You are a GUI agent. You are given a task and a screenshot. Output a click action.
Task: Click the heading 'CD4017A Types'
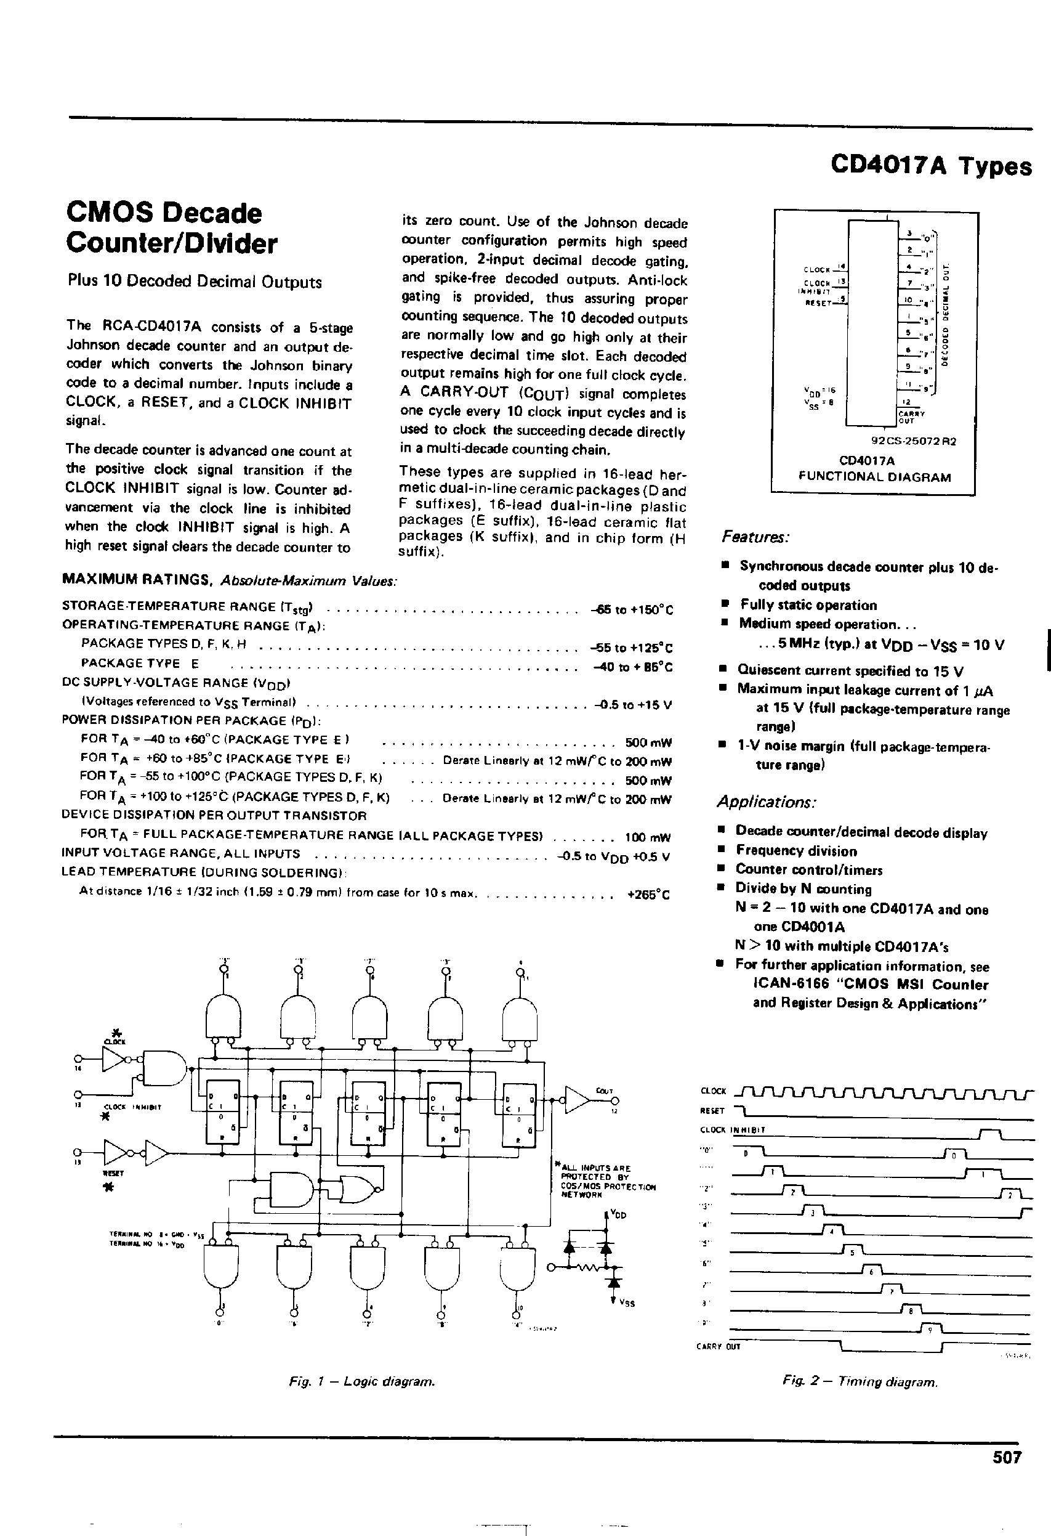931,165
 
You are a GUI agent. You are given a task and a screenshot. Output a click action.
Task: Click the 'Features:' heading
755,537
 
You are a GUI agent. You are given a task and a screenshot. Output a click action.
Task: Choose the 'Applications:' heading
767,802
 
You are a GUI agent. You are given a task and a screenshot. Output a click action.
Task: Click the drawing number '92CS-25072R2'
914,442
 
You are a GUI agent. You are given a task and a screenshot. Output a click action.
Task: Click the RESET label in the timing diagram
712,1111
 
